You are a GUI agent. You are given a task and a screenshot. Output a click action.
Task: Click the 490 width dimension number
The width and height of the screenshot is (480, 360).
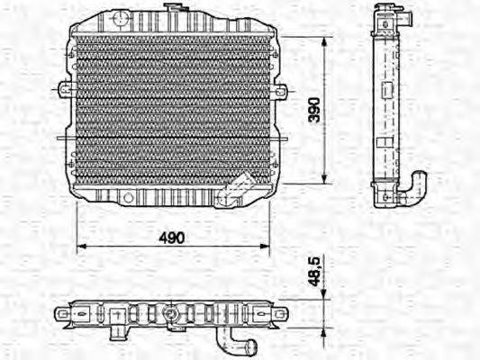[x=172, y=238]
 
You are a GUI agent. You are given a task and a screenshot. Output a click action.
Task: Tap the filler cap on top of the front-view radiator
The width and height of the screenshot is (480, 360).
[x=170, y=9]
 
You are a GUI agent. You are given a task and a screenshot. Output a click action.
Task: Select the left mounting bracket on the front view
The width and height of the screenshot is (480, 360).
[x=64, y=89]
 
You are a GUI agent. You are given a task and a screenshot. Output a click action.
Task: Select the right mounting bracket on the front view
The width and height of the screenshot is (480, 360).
[x=280, y=91]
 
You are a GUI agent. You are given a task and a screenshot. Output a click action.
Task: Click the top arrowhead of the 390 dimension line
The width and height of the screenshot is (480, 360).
[x=325, y=41]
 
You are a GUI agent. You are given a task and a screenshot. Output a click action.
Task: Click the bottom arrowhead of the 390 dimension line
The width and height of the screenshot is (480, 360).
[x=325, y=175]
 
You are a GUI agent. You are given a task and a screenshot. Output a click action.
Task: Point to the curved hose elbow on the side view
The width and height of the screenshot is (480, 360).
[x=417, y=189]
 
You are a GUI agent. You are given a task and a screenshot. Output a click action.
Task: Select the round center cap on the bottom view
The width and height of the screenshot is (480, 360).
[x=169, y=314]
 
